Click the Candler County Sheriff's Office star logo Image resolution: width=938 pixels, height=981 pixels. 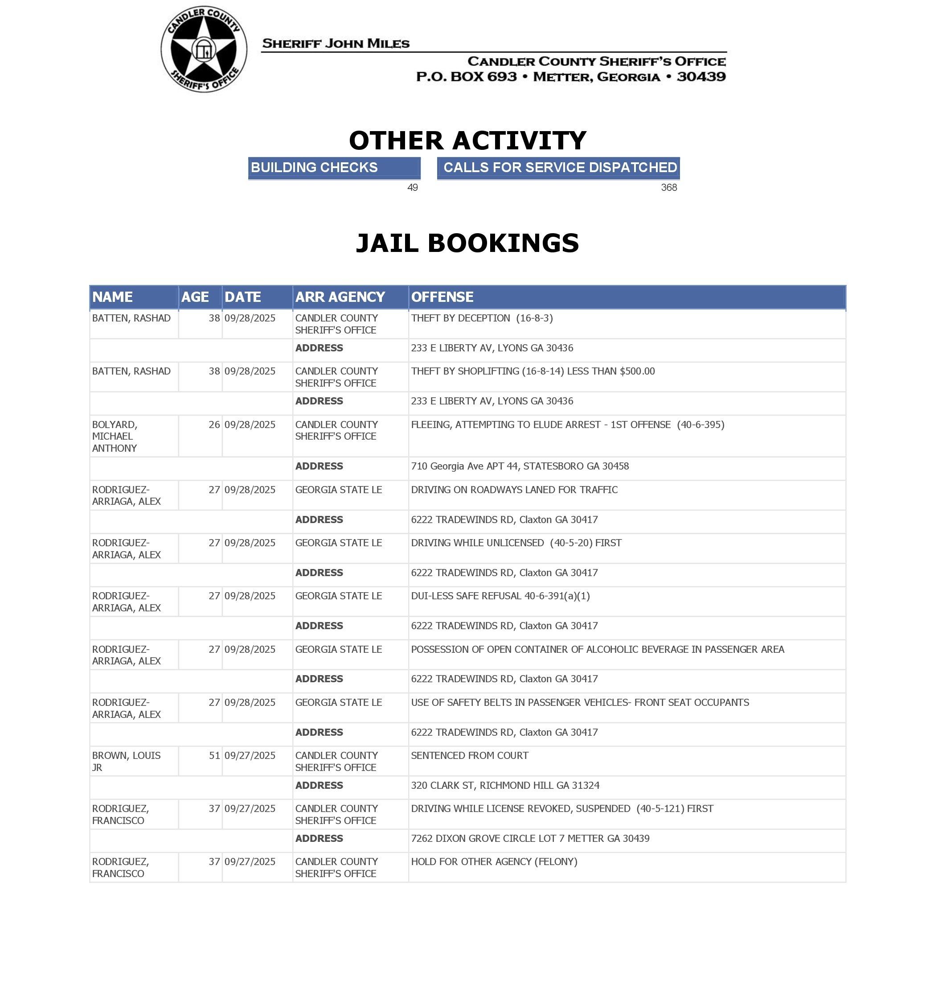(204, 49)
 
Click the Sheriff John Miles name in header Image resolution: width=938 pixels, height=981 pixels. (336, 44)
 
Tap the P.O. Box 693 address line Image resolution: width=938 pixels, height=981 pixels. (570, 77)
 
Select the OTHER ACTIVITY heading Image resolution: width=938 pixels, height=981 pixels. (467, 140)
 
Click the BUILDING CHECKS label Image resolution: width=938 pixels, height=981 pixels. (314, 167)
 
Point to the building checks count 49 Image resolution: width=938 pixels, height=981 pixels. (412, 188)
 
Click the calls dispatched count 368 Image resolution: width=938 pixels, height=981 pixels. (668, 188)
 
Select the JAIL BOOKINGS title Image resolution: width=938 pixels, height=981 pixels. (467, 243)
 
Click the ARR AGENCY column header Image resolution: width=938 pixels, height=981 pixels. (340, 297)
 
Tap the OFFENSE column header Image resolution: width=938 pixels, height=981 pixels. (442, 297)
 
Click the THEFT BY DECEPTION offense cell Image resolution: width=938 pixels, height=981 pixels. (482, 318)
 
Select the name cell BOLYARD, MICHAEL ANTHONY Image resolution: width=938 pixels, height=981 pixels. (115, 436)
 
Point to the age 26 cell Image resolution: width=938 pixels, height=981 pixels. (214, 425)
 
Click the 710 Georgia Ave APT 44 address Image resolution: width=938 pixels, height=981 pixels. (520, 466)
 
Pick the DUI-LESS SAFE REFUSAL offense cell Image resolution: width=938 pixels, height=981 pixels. (500, 596)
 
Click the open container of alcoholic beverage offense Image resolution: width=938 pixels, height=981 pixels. (597, 649)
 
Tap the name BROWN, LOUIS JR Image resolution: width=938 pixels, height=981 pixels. (126, 761)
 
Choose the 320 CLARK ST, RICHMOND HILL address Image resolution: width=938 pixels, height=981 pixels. (505, 785)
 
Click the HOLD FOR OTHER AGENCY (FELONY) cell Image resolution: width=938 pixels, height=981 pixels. (494, 861)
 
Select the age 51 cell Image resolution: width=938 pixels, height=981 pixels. (214, 755)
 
